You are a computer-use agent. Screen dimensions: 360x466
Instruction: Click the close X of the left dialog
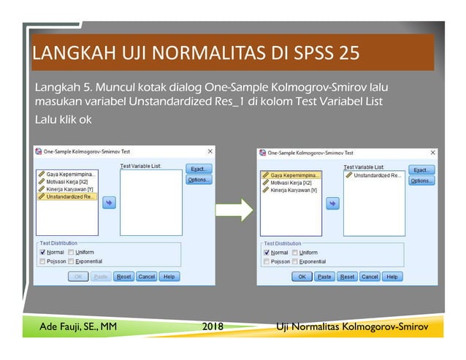[x=210, y=151]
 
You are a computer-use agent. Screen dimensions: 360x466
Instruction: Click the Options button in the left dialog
[x=198, y=180]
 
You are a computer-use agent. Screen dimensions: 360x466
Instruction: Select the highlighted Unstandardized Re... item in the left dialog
[x=67, y=196]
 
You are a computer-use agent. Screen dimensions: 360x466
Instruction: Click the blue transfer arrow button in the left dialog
[x=108, y=204]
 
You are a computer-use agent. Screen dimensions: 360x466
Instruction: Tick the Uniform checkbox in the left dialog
[x=71, y=252]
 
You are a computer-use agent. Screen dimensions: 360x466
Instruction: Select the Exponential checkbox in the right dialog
[x=294, y=261]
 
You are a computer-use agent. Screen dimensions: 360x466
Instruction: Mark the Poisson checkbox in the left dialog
[x=42, y=261]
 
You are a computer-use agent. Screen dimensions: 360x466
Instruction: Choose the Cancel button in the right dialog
[x=370, y=277]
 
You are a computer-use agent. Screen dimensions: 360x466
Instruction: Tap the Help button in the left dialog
[x=169, y=277]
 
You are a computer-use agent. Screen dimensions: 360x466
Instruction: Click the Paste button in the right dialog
[x=324, y=277]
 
